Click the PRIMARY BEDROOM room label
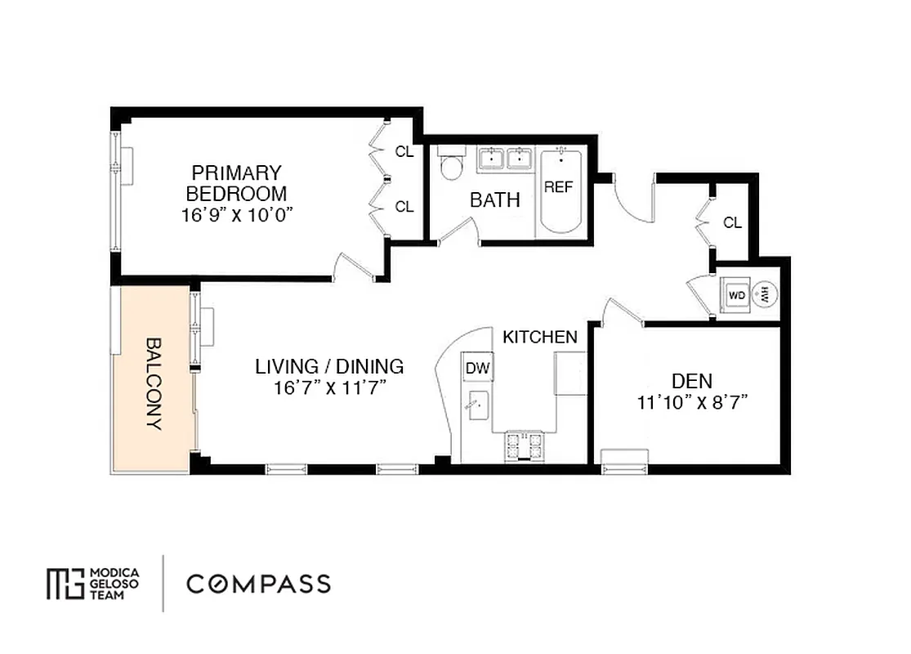click(236, 183)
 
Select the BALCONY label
click(154, 383)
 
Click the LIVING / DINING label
click(329, 365)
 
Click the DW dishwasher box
click(478, 369)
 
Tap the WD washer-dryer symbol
click(736, 296)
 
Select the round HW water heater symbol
click(766, 294)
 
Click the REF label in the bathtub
click(558, 187)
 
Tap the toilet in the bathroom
click(450, 166)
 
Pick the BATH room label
click(494, 200)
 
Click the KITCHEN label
click(539, 337)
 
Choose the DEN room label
click(691, 381)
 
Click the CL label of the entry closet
click(733, 222)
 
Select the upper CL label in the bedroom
click(404, 151)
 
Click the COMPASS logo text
click(258, 584)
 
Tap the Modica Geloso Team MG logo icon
click(65, 583)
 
